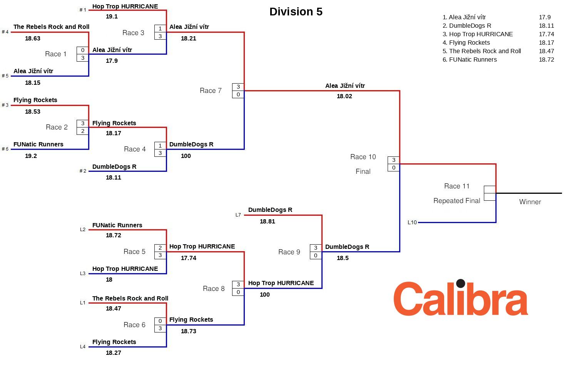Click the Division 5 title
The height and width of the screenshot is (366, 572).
[x=296, y=12]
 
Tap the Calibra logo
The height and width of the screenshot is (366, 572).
[x=460, y=298]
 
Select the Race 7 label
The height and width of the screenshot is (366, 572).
[x=211, y=91]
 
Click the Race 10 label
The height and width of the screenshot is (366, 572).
[x=363, y=157]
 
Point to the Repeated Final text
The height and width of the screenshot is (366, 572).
[x=457, y=201]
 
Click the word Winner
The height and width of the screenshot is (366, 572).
[x=530, y=202]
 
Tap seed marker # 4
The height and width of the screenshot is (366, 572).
[x=5, y=32]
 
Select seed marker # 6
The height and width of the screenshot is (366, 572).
[x=5, y=149]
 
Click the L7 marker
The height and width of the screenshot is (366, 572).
[x=238, y=215]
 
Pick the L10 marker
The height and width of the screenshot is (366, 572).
[x=412, y=223]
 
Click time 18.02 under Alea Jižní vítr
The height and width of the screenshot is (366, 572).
[x=345, y=96]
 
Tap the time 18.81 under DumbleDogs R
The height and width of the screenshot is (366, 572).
[x=268, y=222]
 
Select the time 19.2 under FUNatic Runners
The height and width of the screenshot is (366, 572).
[x=31, y=156]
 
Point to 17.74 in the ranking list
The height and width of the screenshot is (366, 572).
[x=546, y=34]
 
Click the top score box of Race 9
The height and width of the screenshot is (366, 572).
[x=316, y=248]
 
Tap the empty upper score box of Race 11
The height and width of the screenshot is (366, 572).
[x=490, y=190]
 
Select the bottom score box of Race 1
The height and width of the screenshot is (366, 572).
[x=83, y=58]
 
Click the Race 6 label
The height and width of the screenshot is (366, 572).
[x=134, y=325]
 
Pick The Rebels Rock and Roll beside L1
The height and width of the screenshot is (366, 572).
[x=130, y=299]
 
